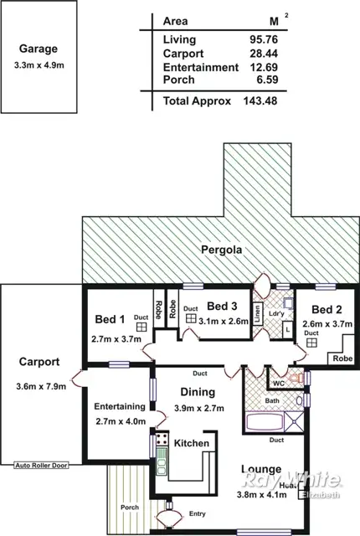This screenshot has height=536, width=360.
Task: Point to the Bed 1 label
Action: pyautogui.click(x=110, y=319)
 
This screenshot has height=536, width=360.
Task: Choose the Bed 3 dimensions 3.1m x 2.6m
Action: pyautogui.click(x=224, y=321)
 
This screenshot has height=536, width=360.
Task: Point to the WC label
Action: pyautogui.click(x=279, y=384)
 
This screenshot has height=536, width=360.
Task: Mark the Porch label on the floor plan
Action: pyautogui.click(x=129, y=507)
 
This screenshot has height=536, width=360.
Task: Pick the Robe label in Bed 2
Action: pyautogui.click(x=342, y=357)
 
